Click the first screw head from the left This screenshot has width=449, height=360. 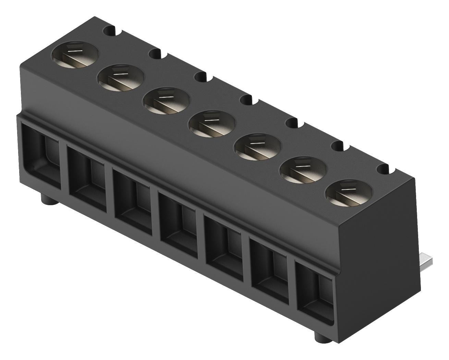click(75, 55)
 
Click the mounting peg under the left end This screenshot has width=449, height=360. click(48, 199)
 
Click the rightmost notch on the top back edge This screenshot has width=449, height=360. click(384, 169)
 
